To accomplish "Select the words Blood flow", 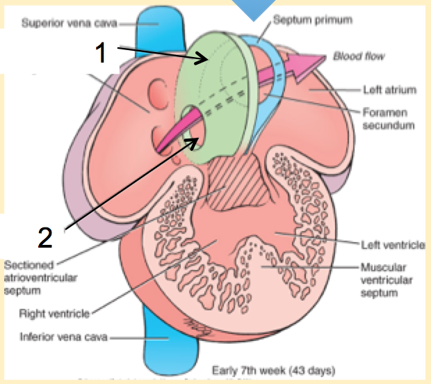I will (x=359, y=55).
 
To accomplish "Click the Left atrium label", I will (x=389, y=90).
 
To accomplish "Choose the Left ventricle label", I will (x=393, y=245).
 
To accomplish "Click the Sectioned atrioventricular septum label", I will (x=38, y=276).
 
